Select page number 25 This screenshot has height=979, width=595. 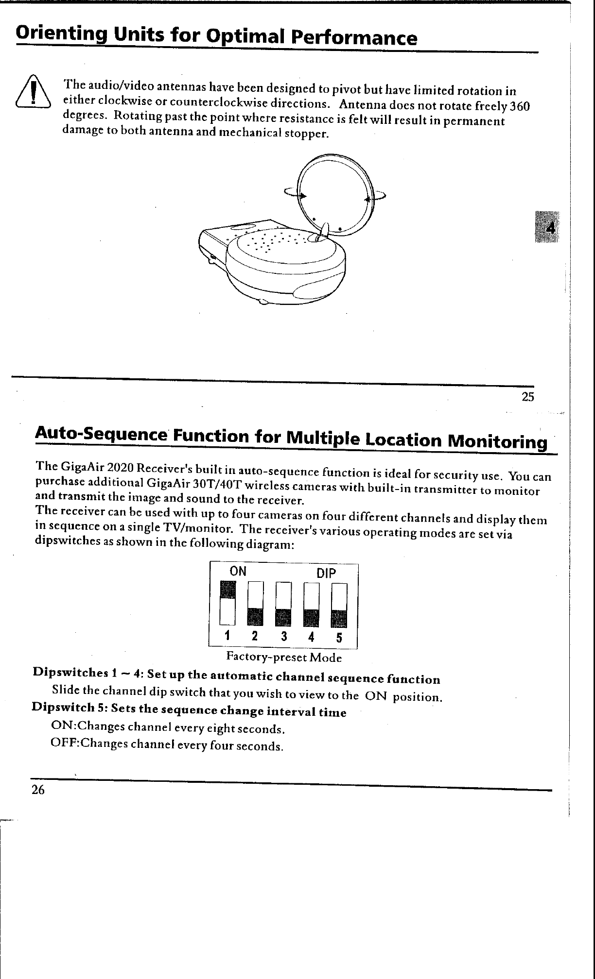point(528,397)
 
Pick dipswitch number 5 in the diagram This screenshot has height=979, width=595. point(339,605)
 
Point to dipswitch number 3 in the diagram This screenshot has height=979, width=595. point(283,605)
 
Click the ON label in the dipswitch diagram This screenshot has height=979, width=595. point(238,571)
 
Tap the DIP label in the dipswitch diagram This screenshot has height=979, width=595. point(326,574)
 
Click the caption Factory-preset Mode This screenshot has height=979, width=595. point(284,658)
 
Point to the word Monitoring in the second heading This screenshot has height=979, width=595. point(496,442)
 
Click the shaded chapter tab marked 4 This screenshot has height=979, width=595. point(547,227)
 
